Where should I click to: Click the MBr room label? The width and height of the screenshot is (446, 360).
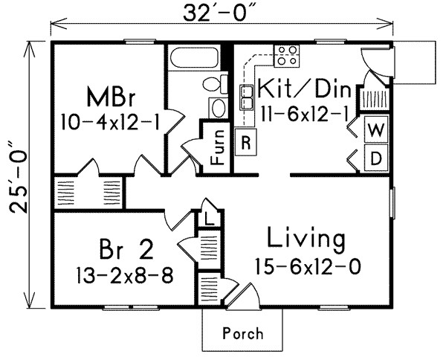[x=110, y=97]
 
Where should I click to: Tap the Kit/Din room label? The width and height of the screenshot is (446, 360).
[x=304, y=89]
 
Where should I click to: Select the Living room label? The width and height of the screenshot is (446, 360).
[x=306, y=239]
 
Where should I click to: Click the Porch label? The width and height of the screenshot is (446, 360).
[x=243, y=333]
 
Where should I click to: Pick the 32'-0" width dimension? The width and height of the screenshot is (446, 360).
[x=218, y=13]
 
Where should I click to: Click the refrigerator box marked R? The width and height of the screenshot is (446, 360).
[x=246, y=142]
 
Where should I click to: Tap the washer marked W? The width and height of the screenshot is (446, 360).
[x=376, y=129]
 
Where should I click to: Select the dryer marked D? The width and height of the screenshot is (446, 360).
[x=376, y=158]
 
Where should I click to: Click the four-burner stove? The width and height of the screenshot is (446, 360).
[x=287, y=56]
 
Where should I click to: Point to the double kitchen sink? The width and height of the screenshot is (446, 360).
[x=247, y=97]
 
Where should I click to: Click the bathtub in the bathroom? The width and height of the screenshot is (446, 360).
[x=195, y=58]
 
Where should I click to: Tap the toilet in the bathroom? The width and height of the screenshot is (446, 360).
[x=216, y=83]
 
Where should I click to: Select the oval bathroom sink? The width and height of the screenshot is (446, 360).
[x=218, y=108]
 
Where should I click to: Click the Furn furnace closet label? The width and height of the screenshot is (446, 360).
[x=218, y=147]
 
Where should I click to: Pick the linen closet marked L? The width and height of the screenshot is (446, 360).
[x=209, y=219]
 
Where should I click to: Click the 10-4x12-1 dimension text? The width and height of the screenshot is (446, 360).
[x=110, y=123]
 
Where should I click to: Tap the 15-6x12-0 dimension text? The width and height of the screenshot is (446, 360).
[x=308, y=266]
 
